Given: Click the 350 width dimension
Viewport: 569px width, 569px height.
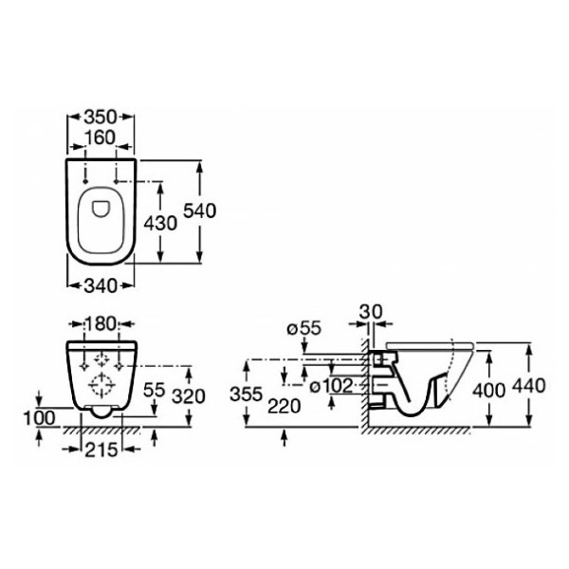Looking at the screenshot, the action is click(101, 118).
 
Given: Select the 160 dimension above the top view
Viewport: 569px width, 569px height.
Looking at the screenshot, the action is click(100, 138).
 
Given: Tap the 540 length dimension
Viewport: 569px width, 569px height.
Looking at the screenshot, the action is click(199, 211).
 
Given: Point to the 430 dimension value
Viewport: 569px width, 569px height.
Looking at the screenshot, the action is click(160, 223).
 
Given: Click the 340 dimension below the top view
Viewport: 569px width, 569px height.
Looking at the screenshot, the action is click(101, 286).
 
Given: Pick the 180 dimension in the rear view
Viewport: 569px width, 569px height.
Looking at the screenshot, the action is click(101, 323).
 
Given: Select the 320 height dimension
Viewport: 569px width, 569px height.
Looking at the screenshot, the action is click(189, 395).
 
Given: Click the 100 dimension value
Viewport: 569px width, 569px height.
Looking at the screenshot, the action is click(40, 418).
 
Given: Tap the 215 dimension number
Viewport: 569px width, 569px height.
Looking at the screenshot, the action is click(101, 450).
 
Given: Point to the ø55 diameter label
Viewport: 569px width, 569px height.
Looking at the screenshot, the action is click(304, 328).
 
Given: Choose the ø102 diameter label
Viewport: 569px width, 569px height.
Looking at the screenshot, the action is click(331, 386).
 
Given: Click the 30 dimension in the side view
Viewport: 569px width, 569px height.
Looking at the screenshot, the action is click(371, 311).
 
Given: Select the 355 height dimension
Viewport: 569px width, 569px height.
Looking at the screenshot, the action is click(246, 395).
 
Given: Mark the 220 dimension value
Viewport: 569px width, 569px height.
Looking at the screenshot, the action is click(284, 406).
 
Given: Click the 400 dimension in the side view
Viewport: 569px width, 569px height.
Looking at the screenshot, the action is click(488, 391).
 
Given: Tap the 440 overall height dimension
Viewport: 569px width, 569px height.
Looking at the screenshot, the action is click(529, 386).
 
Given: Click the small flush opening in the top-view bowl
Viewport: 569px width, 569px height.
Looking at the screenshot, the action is click(101, 210).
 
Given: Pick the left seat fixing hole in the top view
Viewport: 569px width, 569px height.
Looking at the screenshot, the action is click(85, 181).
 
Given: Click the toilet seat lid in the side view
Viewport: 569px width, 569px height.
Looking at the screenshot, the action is click(430, 345).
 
